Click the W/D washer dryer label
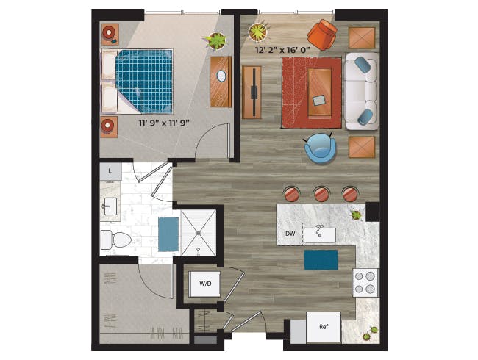205,284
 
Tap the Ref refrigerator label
324,327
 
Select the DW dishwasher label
290,234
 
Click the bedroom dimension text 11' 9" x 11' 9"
164,123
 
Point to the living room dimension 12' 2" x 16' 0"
282,50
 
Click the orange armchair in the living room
322,34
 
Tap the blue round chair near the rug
320,148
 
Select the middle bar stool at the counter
321,194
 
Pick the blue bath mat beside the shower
168,234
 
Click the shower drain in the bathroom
199,233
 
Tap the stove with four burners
365,282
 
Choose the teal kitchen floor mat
321,260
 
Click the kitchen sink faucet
319,231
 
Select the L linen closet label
110,171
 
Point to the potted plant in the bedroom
217,41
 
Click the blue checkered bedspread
144,81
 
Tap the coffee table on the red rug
319,93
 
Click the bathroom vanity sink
110,206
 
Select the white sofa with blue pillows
362,91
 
